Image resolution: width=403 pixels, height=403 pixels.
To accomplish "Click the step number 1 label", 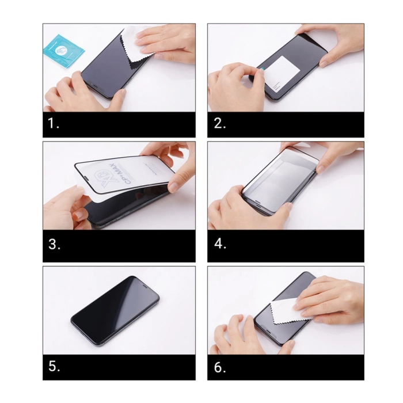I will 54,124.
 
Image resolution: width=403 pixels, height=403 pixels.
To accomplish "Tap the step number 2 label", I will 219,124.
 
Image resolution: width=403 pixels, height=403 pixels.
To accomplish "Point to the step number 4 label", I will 220,244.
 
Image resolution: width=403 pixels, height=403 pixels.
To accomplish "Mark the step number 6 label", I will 220,366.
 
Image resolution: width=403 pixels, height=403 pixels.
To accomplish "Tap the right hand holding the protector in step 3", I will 173,167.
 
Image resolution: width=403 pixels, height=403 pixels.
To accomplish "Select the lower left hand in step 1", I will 75,95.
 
